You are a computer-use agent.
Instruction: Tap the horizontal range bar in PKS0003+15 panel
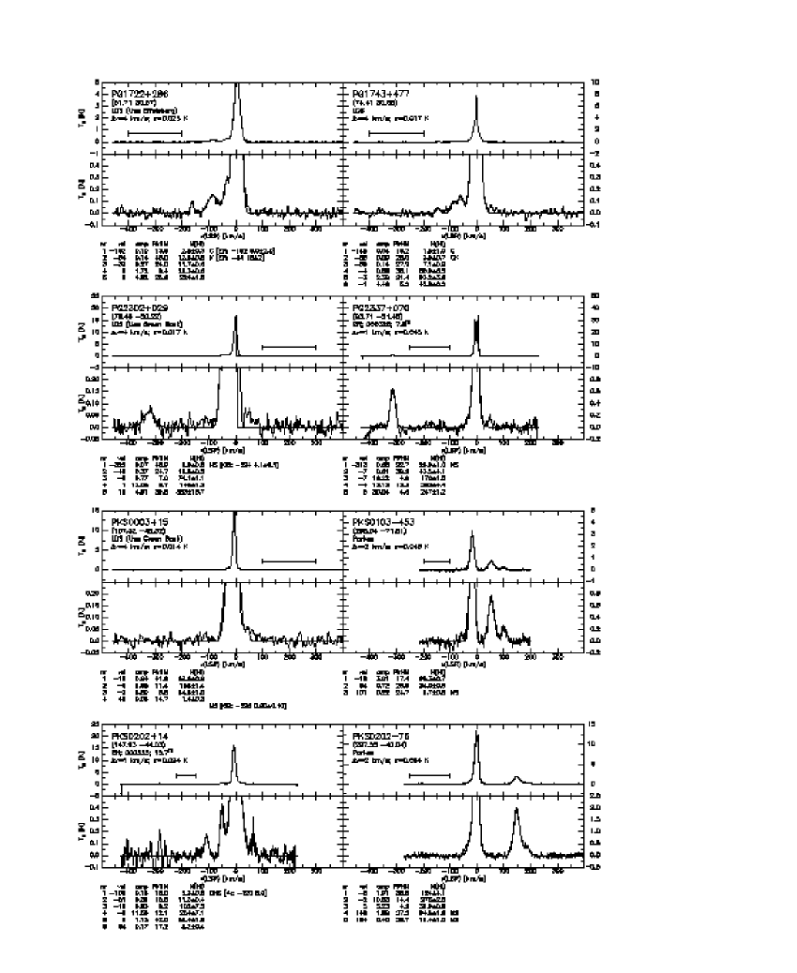tap(289, 561)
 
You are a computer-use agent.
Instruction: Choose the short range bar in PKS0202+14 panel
tap(186, 775)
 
